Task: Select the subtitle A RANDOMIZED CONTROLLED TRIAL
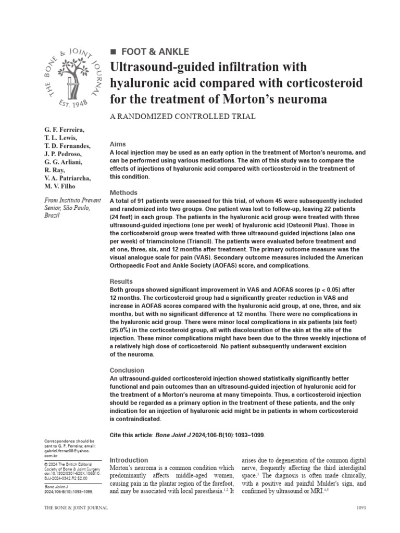pyautogui.click(x=183, y=117)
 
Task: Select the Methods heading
pyautogui.click(x=124, y=193)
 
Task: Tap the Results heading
pyautogui.click(x=122, y=282)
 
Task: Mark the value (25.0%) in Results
pyautogui.click(x=121, y=329)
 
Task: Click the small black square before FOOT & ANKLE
pyautogui.click(x=113, y=52)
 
